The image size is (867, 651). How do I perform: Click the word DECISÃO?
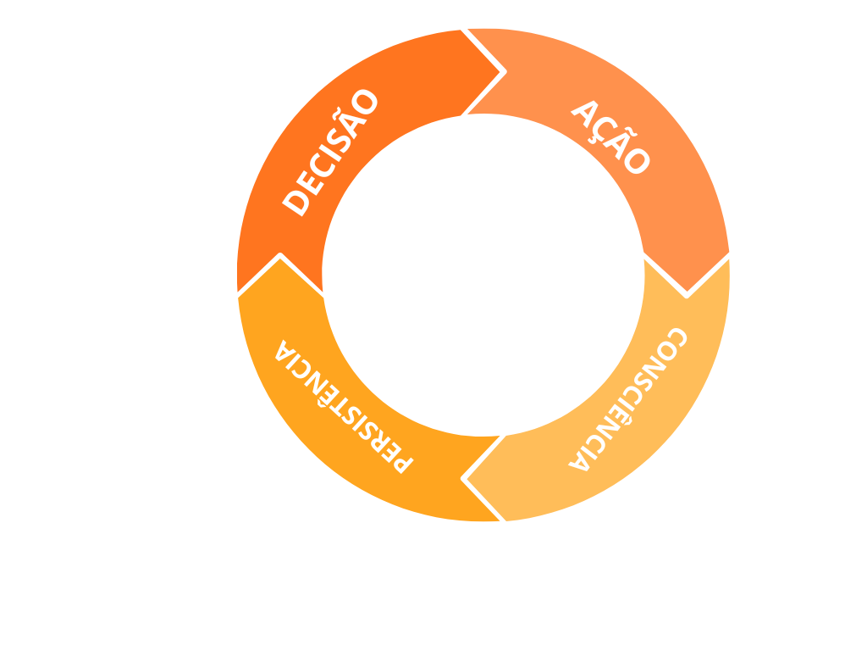(x=331, y=153)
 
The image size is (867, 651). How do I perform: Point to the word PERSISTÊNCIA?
(x=342, y=406)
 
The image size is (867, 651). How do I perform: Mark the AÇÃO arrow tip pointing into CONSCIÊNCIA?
(x=687, y=293)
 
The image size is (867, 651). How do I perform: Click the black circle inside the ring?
(x=483, y=275)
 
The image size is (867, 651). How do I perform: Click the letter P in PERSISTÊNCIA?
(x=400, y=461)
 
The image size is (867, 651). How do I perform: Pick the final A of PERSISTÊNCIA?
(x=283, y=349)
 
